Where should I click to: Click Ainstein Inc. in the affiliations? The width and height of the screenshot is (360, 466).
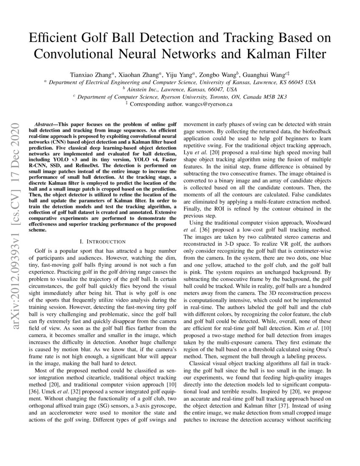(x=143, y=89)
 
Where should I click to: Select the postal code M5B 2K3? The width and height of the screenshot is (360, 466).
(x=274, y=97)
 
